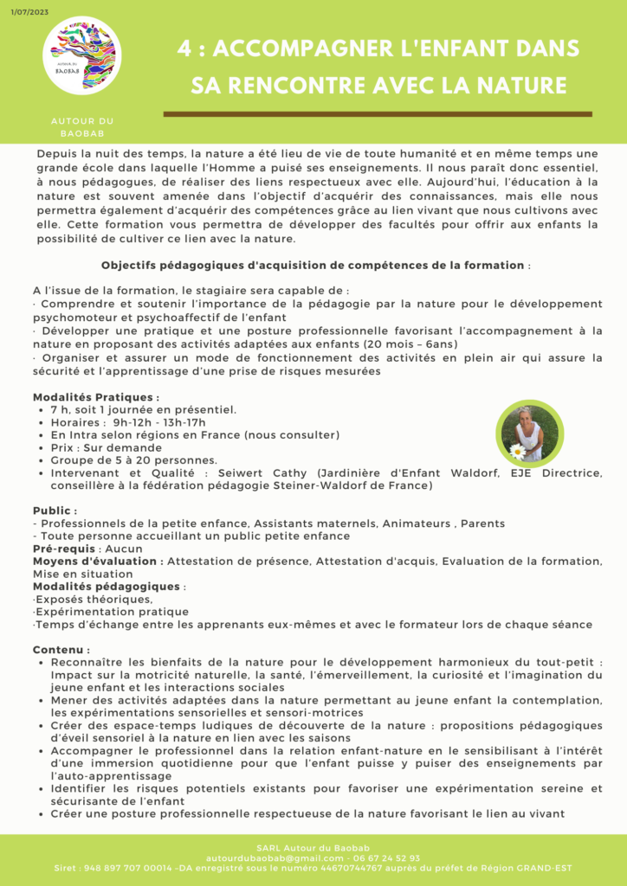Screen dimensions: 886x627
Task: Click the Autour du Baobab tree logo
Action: coord(83,56)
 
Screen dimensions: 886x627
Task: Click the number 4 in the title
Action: coord(184,49)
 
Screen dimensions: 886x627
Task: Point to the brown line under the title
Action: coord(377,113)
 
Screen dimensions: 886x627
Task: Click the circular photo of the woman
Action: coord(530,433)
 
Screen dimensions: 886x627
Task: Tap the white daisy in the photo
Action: coord(519,451)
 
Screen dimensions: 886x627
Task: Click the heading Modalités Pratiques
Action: coord(95,396)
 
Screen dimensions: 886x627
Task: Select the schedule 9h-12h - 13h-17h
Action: coord(159,421)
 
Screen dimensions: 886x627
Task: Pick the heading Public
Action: coord(55,510)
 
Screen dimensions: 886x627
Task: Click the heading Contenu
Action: coord(61,649)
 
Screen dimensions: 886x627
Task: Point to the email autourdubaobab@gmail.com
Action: coord(269,857)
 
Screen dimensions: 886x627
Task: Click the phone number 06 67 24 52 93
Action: coord(386,857)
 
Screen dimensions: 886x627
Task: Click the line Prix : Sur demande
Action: coord(106,447)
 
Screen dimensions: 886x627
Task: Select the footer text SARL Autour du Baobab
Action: coord(313,846)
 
